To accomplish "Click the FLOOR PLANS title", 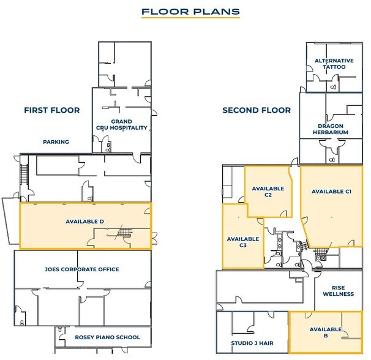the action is click(190, 12).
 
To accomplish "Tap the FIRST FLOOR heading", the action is click(52, 110).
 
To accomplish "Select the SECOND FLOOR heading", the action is click(257, 110).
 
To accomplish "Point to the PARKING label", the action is click(56, 142).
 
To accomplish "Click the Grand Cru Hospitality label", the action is click(122, 124).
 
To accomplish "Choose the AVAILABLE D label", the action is click(84, 222).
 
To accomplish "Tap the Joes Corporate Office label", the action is click(82, 269).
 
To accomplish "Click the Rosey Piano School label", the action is click(107, 337).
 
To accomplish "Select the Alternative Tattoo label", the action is click(334, 64).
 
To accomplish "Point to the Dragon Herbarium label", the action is click(331, 129).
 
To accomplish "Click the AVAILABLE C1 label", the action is click(331, 192).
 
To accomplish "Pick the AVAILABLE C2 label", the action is click(268, 192).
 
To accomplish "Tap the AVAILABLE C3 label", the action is click(243, 242).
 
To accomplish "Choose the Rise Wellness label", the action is click(339, 291).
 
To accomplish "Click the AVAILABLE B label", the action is click(326, 332).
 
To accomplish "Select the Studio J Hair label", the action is click(252, 343).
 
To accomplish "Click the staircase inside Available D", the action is click(124, 233).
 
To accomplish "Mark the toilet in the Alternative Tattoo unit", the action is click(333, 87).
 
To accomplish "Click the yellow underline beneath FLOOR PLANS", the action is click(190, 17).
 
